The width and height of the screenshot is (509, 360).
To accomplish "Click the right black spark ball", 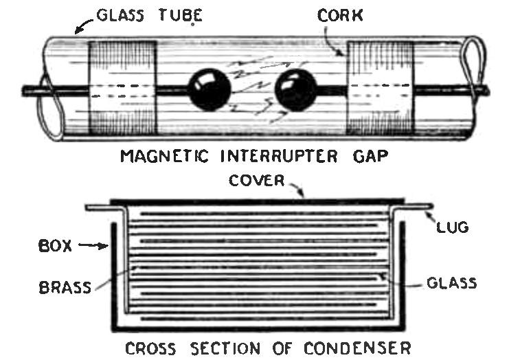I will (x=295, y=90).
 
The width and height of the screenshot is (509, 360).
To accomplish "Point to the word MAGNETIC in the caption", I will (x=161, y=156).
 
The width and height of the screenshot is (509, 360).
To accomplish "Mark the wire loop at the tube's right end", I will (x=475, y=65).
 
